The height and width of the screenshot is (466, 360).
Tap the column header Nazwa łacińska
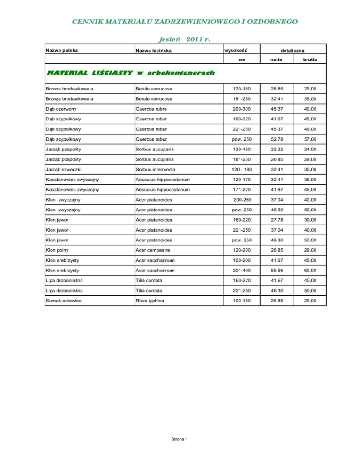click(x=154, y=51)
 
